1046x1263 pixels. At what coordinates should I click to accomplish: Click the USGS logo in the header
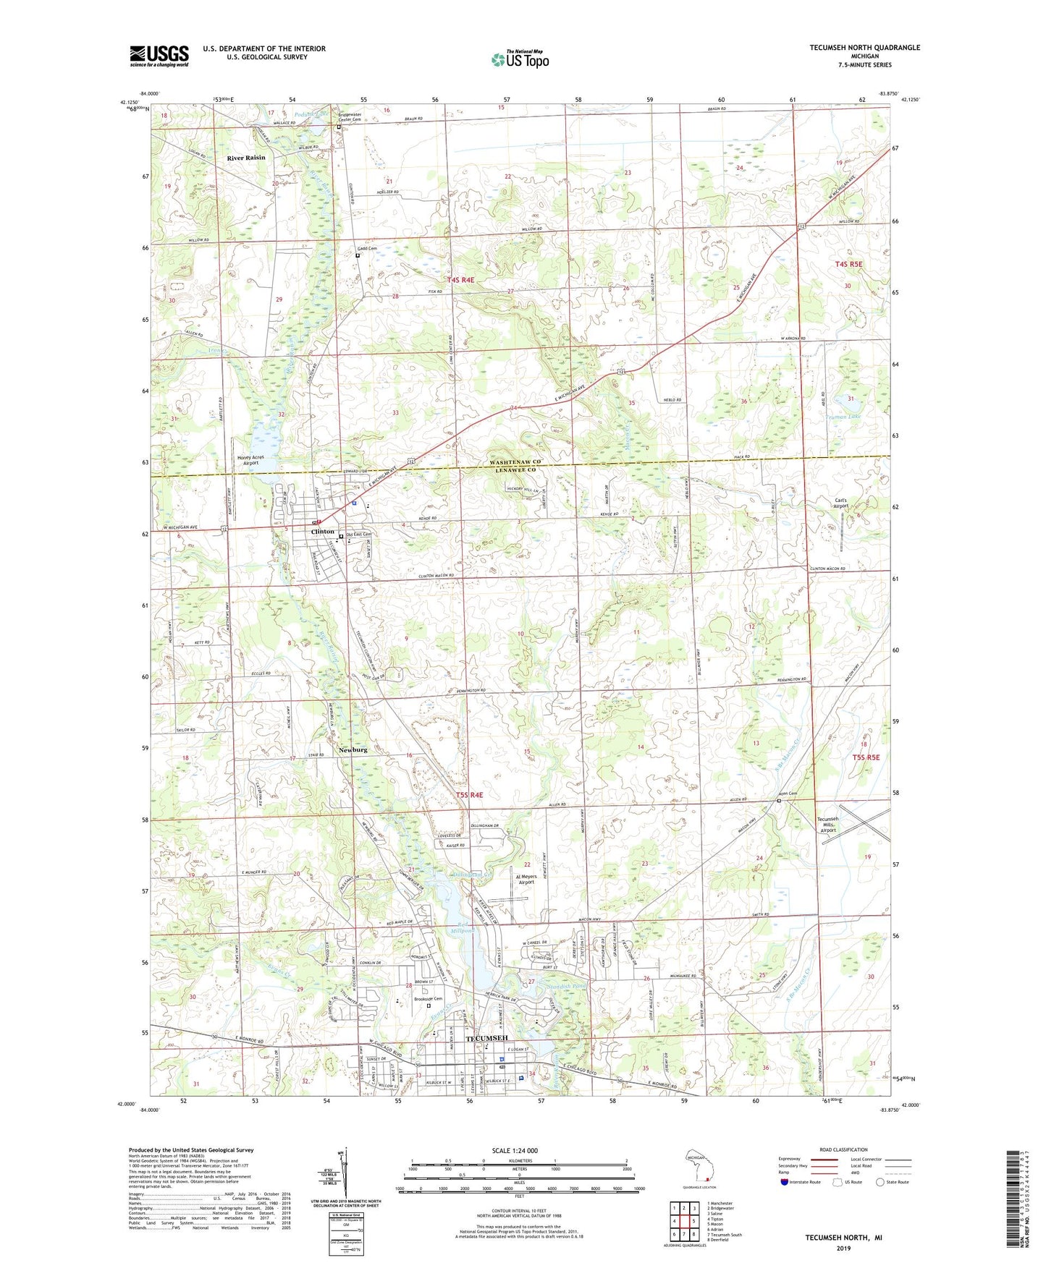point(159,55)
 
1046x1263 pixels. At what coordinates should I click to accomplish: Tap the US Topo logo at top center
point(520,59)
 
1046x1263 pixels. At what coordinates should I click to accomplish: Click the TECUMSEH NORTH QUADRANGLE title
point(865,48)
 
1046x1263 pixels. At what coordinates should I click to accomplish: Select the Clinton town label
point(322,532)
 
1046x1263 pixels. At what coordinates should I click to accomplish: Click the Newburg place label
point(353,750)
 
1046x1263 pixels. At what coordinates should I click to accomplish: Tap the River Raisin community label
point(246,158)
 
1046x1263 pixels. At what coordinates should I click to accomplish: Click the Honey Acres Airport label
point(250,460)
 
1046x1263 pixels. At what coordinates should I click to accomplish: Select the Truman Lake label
point(843,417)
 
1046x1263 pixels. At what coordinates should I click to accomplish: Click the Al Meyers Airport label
point(526,879)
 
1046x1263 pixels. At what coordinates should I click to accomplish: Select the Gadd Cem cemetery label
point(367,249)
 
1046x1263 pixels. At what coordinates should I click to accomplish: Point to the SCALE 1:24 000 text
point(515,1151)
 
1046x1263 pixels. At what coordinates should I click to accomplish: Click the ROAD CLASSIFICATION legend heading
point(843,1149)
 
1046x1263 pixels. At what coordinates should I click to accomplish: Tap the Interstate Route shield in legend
point(785,1182)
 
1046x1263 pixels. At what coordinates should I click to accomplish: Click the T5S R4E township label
point(469,795)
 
